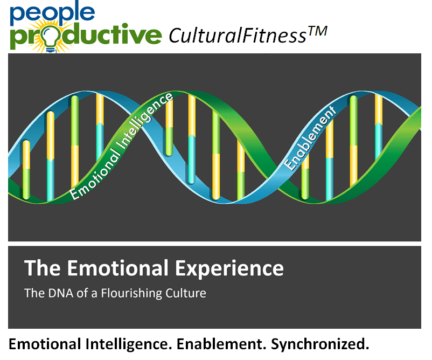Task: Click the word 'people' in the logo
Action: coord(52,13)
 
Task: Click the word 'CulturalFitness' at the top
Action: coord(237,36)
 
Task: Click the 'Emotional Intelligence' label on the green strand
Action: coord(121,146)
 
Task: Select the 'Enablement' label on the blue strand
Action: coord(310,137)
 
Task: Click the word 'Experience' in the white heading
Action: coord(229,268)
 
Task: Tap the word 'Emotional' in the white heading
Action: coord(118,268)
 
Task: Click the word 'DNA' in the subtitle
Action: coord(61,293)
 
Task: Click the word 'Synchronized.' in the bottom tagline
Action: coord(320,344)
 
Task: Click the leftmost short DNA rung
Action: coord(26,170)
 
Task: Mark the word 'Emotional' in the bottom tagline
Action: coord(45,344)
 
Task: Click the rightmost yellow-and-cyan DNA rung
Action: coord(379,127)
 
